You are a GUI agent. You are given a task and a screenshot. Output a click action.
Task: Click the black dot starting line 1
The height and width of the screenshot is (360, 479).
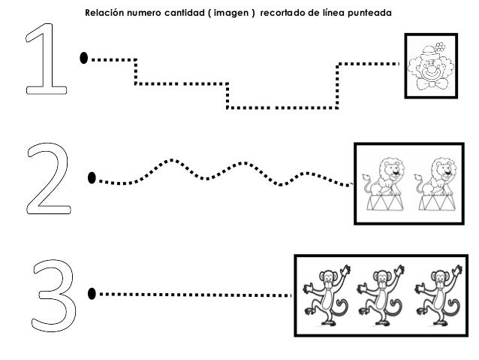(84, 57)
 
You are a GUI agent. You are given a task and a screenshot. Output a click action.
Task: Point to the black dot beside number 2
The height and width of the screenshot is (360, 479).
(92, 178)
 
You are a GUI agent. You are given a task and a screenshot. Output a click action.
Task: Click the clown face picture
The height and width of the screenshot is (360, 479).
(431, 66)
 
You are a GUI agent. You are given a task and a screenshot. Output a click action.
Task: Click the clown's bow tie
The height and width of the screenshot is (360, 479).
(431, 86)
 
